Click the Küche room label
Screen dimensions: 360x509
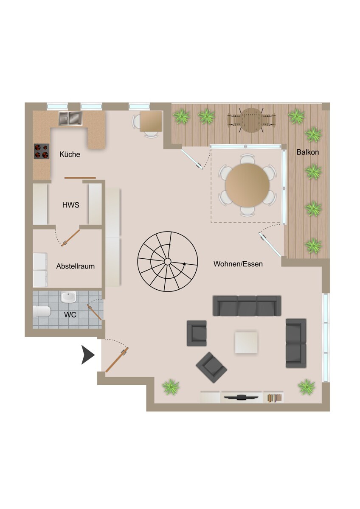coord(70,154)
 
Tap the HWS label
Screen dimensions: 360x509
coord(71,205)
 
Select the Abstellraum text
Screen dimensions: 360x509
coord(75,266)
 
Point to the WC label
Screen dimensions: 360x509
coord(70,315)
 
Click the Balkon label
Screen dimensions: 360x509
coord(307,152)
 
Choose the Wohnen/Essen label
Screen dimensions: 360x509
coord(238,264)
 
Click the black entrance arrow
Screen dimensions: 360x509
coord(88,355)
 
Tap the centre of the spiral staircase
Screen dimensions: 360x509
coord(168,262)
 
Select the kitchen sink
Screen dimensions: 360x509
coord(70,118)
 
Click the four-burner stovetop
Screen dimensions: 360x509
coord(42,151)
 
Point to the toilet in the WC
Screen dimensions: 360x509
coord(42,311)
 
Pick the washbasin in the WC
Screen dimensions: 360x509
coord(68,297)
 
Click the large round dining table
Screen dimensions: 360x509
coord(247,185)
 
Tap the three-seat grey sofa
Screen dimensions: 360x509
coord(247,306)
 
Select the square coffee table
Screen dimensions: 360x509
coord(246,342)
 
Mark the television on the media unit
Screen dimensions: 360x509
coord(241,397)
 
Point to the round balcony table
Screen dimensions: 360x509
coord(251,120)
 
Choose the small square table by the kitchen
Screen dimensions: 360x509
coord(151,122)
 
